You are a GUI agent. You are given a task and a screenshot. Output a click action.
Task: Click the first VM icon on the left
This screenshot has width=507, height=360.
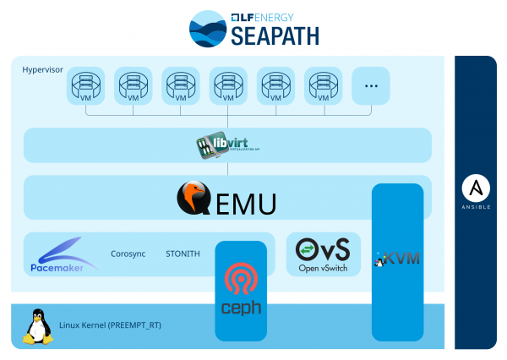85,85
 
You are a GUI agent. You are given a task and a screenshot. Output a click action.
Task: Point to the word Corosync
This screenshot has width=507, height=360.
129,253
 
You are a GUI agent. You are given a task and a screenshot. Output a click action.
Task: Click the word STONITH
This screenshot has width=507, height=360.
183,253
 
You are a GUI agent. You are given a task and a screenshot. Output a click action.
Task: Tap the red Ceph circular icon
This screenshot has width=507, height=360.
241,280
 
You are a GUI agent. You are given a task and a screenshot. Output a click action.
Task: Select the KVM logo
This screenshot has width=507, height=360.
397,258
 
